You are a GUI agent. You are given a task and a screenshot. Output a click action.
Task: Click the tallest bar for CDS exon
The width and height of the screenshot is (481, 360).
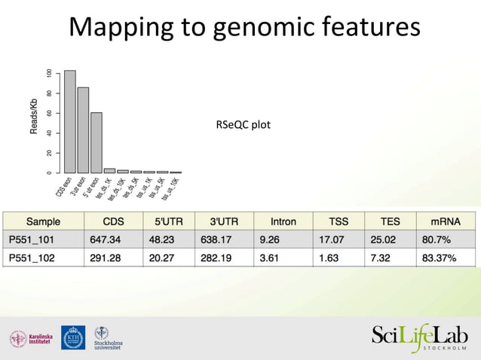pyautogui.click(x=69, y=122)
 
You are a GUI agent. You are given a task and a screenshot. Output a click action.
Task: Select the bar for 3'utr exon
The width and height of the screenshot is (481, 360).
pyautogui.click(x=83, y=130)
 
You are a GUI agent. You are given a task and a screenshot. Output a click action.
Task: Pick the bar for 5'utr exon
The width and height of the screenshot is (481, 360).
pyautogui.click(x=97, y=143)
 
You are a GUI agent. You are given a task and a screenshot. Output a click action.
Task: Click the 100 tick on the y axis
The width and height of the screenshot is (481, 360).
pyautogui.click(x=49, y=74)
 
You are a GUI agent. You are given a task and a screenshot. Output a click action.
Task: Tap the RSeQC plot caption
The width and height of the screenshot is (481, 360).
pyautogui.click(x=243, y=124)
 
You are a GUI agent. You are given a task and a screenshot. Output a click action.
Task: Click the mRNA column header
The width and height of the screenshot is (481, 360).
pyautogui.click(x=446, y=222)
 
